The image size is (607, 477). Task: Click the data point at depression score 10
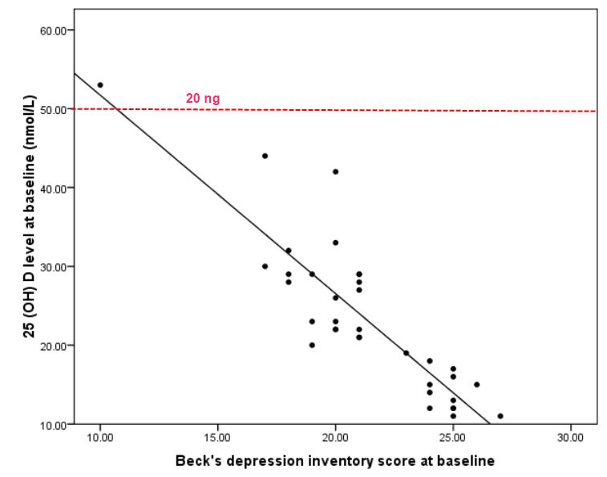pos(100,84)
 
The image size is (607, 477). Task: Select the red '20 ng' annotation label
pos(203,99)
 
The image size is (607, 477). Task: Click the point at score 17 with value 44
pos(265,156)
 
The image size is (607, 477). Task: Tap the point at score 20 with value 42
pos(335,171)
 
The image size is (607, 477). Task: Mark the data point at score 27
pos(500,416)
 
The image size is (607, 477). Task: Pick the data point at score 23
pos(406,353)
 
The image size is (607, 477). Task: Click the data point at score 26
pos(476,385)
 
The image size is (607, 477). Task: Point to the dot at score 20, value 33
pos(335,243)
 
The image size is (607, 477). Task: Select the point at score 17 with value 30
pos(265,266)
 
